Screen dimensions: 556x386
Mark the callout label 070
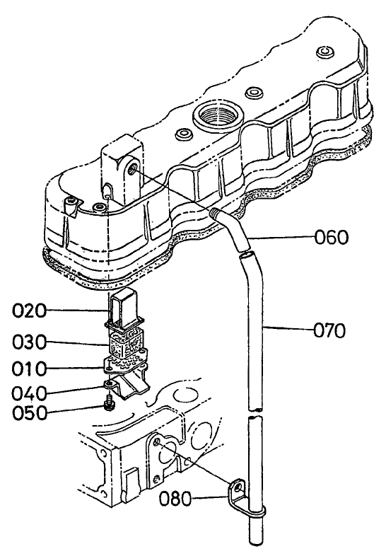pos(331,329)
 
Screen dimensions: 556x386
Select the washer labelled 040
pos(109,385)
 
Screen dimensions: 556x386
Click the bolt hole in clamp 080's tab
pos(239,486)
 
